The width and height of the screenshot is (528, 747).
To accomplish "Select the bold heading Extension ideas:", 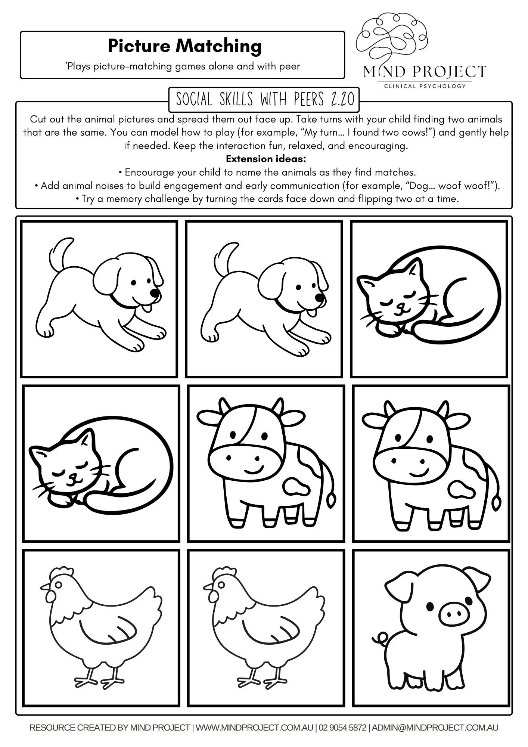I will [x=266, y=159].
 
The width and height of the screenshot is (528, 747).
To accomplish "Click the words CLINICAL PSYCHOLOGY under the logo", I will [x=425, y=86].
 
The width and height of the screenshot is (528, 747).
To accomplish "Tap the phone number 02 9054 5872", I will [x=343, y=728].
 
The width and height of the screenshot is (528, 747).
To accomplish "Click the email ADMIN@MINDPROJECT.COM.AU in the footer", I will [x=435, y=728].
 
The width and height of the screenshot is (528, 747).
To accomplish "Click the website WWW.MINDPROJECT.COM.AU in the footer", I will [x=254, y=728].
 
